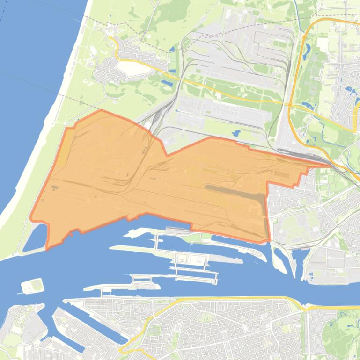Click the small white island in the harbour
click(x=32, y=285)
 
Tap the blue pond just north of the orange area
click(x=235, y=133)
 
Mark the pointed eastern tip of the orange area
click(x=331, y=165)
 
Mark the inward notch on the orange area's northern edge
click(x=167, y=154)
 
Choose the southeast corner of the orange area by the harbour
click(x=269, y=241)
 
